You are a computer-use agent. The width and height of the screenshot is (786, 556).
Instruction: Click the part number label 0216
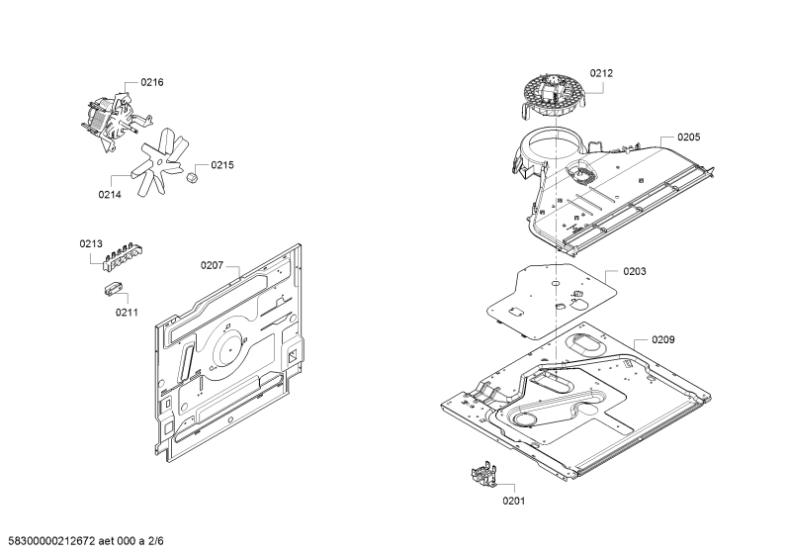(x=152, y=82)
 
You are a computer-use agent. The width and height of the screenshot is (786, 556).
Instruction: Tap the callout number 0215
(x=222, y=165)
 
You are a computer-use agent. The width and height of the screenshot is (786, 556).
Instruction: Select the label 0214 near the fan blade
(x=110, y=195)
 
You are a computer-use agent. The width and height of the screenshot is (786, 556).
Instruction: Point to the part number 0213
(x=91, y=244)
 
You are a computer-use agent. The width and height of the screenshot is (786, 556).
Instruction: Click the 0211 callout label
(x=127, y=313)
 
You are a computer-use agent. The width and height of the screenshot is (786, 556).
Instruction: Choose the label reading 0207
(x=212, y=265)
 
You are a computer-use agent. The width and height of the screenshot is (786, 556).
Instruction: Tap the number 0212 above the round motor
(x=601, y=73)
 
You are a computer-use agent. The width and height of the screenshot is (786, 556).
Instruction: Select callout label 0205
(x=689, y=138)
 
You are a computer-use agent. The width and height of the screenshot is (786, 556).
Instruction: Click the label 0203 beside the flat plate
(x=635, y=271)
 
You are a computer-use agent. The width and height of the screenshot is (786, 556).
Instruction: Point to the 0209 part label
(x=663, y=340)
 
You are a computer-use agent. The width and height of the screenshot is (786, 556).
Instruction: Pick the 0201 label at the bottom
(x=514, y=501)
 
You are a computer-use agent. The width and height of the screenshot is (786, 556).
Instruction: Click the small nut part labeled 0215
(x=191, y=177)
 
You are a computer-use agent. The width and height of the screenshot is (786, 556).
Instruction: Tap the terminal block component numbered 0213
(x=121, y=256)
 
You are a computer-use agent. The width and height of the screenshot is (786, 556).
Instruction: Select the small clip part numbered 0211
(x=114, y=289)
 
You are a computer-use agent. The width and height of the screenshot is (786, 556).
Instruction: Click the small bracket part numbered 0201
(x=483, y=475)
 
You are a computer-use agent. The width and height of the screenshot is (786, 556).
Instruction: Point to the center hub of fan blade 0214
(x=159, y=161)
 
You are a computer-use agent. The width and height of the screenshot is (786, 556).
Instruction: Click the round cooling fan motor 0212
(x=554, y=97)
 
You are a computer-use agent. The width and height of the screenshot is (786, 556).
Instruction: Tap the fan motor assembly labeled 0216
(x=115, y=121)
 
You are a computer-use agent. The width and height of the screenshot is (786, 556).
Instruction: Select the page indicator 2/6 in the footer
(x=156, y=541)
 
